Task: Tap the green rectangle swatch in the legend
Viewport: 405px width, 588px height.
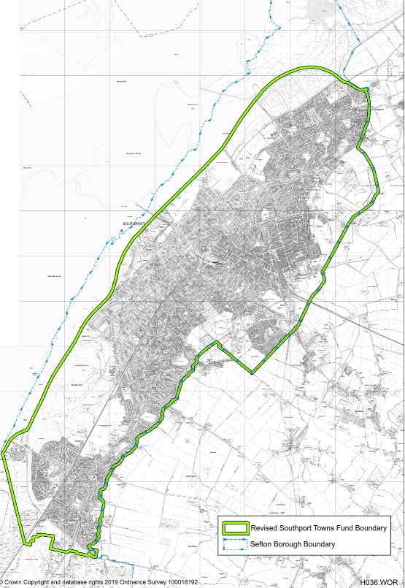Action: pyautogui.click(x=236, y=528)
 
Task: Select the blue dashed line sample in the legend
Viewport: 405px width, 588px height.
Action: pyautogui.click(x=236, y=544)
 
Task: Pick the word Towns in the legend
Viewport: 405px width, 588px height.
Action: pyautogui.click(x=335, y=528)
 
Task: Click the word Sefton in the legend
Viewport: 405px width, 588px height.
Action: pyautogui.click(x=263, y=544)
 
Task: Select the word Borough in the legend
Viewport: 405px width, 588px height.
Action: pyautogui.click(x=293, y=544)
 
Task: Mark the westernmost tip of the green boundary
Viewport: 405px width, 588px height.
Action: pyautogui.click(x=4, y=454)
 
